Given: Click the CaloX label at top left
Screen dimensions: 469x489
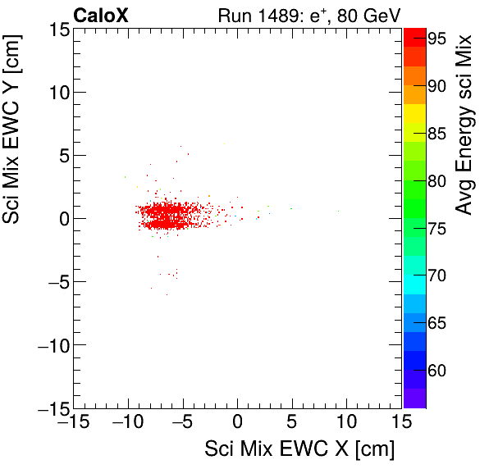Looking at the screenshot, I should [100, 15].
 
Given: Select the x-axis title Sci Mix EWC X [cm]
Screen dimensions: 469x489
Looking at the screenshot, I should [299, 449].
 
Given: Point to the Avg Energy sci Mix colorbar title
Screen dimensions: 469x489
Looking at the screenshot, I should [465, 123].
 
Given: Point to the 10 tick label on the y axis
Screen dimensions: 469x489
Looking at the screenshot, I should [57, 92].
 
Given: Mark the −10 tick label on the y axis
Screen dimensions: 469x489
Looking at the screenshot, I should [52, 345].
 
